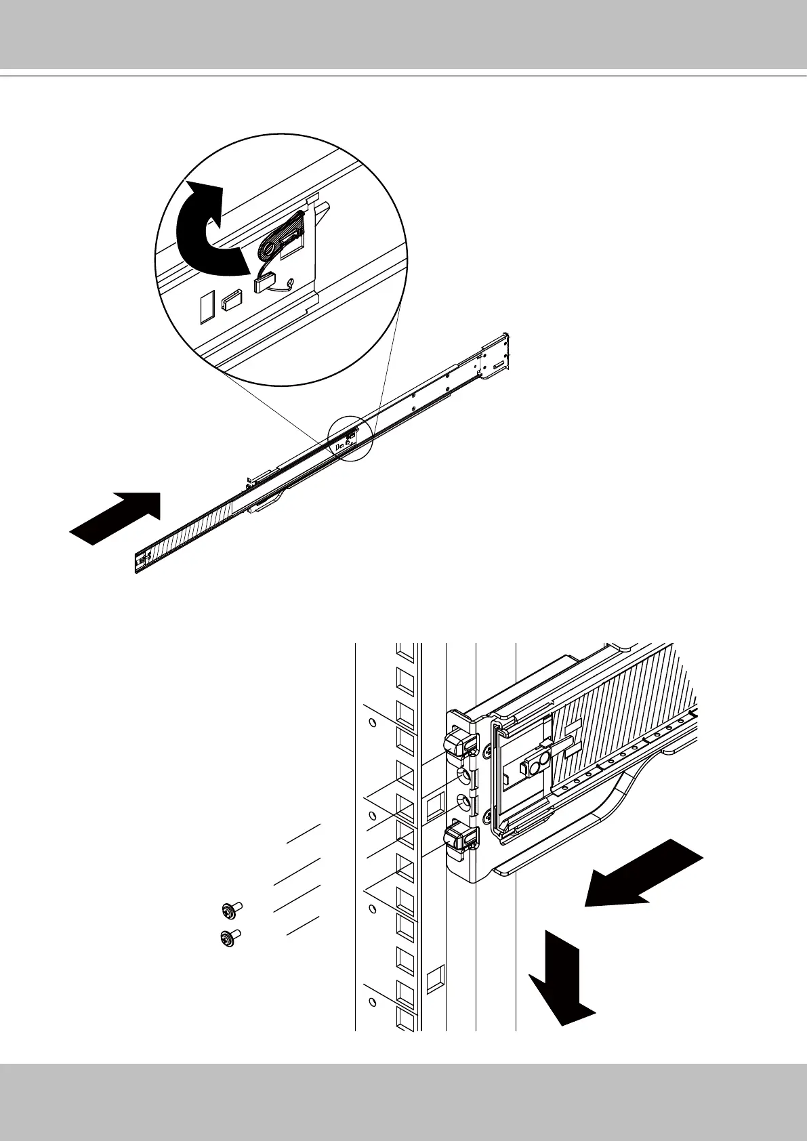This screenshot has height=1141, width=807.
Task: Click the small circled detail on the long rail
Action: pyautogui.click(x=350, y=438)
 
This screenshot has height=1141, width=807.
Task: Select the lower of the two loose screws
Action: pyautogui.click(x=230, y=938)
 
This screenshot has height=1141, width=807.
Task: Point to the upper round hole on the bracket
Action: pyautogui.click(x=464, y=774)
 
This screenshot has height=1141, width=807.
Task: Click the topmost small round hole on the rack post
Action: pyautogui.click(x=371, y=722)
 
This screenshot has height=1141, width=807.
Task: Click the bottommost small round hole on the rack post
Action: pyautogui.click(x=371, y=1001)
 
